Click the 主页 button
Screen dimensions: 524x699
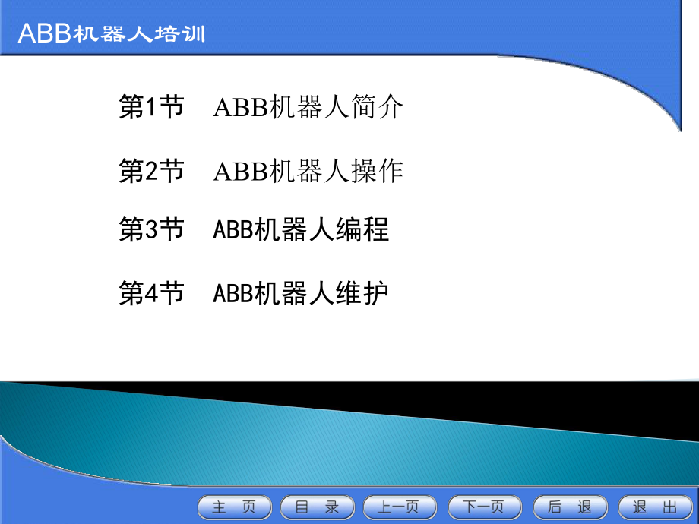pyautogui.click(x=234, y=507)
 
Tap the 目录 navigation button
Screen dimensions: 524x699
pyautogui.click(x=317, y=507)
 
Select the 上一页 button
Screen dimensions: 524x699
pyautogui.click(x=400, y=507)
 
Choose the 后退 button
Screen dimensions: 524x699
pyautogui.click(x=569, y=507)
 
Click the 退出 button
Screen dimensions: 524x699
pyautogui.click(x=654, y=507)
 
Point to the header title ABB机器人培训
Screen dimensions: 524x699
pyautogui.click(x=111, y=34)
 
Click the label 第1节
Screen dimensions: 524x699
pyautogui.click(x=152, y=107)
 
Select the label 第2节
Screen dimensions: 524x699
pyautogui.click(x=152, y=171)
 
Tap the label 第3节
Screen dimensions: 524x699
pyautogui.click(x=152, y=229)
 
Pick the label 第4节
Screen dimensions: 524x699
pyautogui.click(x=152, y=292)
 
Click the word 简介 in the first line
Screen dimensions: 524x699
pyautogui.click(x=378, y=107)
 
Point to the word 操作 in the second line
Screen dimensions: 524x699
pyautogui.click(x=378, y=171)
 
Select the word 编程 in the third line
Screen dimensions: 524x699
pyautogui.click(x=364, y=229)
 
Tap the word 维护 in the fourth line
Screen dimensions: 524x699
pyautogui.click(x=364, y=292)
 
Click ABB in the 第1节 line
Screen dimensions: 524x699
pyautogui.click(x=239, y=108)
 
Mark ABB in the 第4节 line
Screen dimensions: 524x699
pyautogui.click(x=232, y=293)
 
